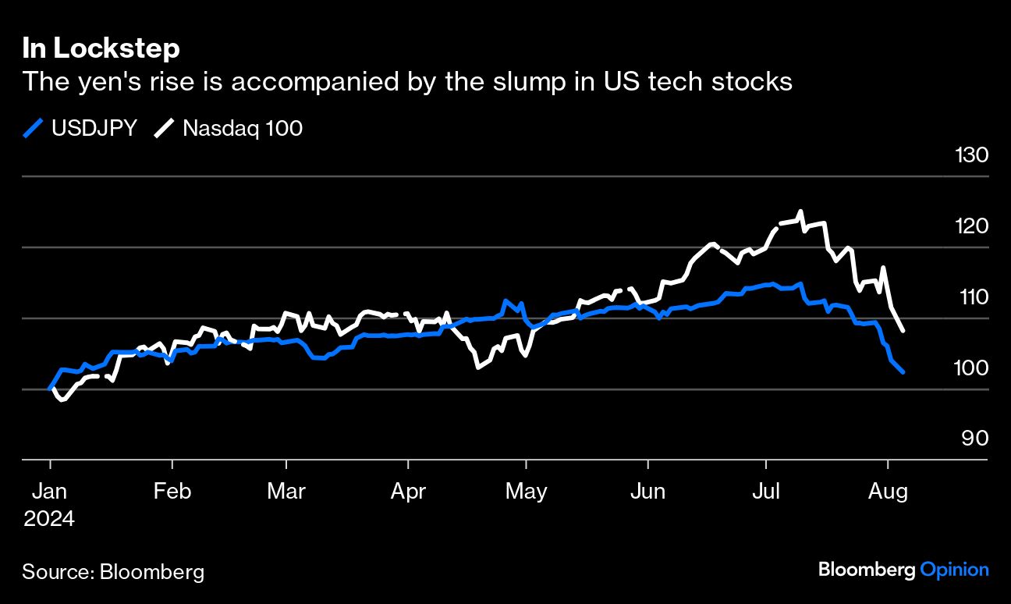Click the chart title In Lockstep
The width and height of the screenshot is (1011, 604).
101,48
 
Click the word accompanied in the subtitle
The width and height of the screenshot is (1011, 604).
315,82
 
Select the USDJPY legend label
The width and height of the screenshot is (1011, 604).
94,128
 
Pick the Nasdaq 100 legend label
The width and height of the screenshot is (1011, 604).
243,128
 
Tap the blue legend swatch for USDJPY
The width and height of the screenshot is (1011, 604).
33,128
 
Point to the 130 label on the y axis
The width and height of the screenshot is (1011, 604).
971,155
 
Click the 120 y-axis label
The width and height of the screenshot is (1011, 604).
971,226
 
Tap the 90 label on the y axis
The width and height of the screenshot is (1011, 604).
974,439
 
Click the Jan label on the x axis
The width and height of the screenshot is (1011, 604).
49,491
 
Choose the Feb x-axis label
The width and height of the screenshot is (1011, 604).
172,491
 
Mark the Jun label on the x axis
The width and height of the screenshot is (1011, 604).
647,491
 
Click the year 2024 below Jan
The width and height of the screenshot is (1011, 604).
48,519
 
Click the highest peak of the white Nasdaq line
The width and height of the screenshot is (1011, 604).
800,211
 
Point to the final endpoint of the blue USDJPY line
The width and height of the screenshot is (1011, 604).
903,372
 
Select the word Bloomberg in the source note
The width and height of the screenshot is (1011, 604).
151,572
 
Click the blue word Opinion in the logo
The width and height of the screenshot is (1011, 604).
954,570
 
